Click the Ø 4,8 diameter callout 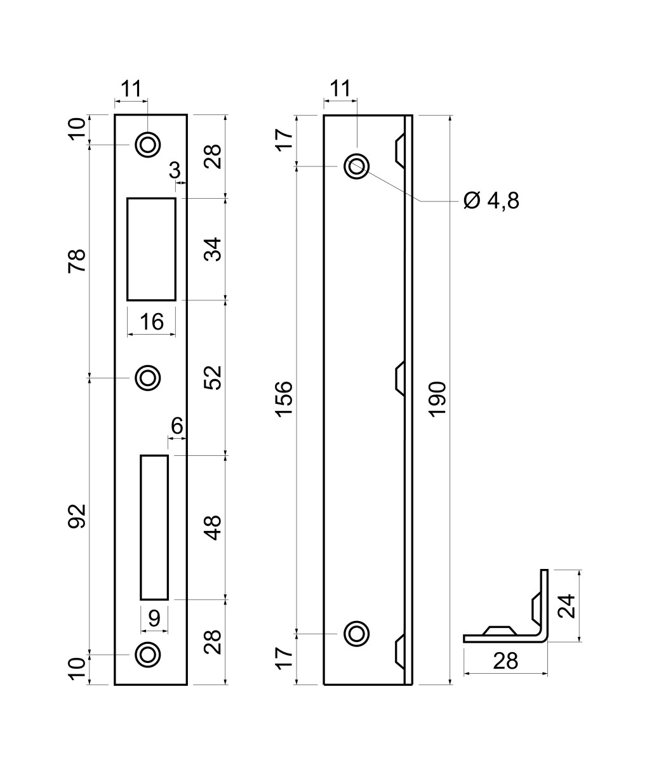point(491,201)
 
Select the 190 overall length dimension point(437,399)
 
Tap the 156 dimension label point(284,399)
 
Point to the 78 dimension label point(77,262)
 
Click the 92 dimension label point(77,516)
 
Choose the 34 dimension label point(213,250)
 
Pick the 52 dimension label point(213,378)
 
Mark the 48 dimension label point(213,528)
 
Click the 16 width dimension point(152,321)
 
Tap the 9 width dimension point(154,618)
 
